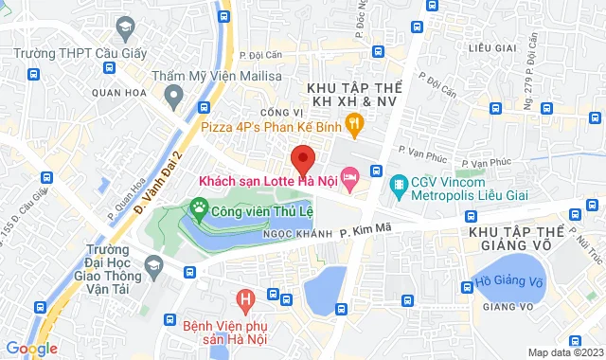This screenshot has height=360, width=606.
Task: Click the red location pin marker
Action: tap(301, 156)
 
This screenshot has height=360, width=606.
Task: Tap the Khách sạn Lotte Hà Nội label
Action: tap(266, 179)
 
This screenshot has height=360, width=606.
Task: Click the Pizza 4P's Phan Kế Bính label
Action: tap(270, 122)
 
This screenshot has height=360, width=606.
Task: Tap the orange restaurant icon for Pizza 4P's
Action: tap(354, 121)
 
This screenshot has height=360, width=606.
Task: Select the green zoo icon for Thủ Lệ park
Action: tap(199, 205)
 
